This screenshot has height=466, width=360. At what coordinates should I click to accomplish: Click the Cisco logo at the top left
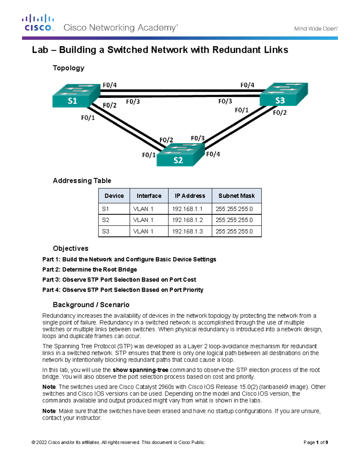[38, 23]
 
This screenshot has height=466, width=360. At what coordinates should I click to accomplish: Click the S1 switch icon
[76, 96]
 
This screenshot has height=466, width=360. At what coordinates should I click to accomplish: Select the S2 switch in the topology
[180, 155]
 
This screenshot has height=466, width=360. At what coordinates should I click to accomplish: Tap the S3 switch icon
[283, 94]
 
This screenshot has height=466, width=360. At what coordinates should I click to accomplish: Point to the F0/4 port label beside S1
[109, 85]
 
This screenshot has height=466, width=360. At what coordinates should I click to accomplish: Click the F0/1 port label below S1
[88, 118]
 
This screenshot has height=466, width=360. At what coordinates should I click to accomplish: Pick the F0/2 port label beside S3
[280, 113]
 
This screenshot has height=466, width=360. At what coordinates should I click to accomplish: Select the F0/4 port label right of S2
[213, 154]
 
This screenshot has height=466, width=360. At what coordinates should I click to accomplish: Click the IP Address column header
[190, 196]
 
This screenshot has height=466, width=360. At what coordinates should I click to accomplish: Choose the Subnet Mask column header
[236, 196]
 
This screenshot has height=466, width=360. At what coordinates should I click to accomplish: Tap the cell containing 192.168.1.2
[187, 220]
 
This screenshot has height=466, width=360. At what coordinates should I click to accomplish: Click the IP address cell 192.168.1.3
[187, 231]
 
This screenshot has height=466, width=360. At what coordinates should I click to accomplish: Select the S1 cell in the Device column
[106, 209]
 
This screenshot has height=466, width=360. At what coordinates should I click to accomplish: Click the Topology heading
[68, 68]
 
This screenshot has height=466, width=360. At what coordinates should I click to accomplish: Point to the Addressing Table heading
[82, 181]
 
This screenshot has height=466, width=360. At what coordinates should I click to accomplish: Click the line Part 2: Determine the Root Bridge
[89, 269]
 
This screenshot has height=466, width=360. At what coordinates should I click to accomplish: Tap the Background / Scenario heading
[91, 305]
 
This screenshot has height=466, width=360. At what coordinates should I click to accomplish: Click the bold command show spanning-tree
[140, 370]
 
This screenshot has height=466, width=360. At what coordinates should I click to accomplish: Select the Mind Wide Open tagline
[316, 29]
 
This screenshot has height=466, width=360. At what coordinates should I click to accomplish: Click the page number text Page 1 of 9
[316, 442]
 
